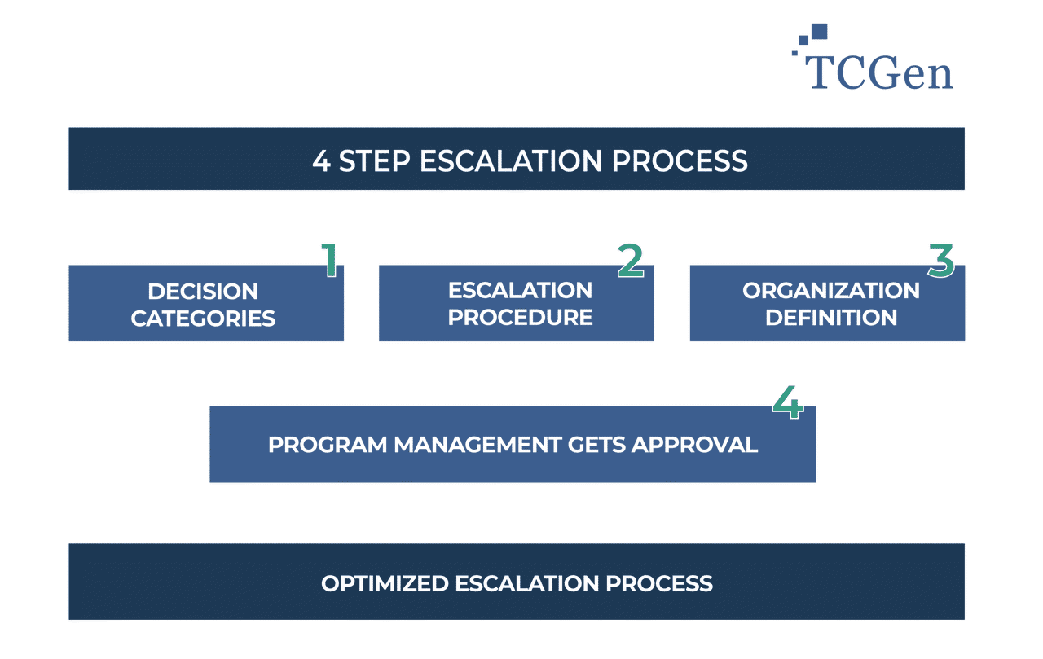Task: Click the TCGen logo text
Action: tap(880, 72)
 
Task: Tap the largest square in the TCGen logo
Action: tap(819, 31)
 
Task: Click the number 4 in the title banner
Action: tap(321, 160)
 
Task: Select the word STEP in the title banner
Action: tap(375, 160)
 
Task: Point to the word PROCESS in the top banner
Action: tap(680, 160)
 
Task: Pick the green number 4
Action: tap(788, 402)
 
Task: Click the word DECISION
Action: tap(203, 292)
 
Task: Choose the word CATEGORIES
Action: tap(203, 318)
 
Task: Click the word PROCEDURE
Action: tap(520, 317)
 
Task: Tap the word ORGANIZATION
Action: tap(830, 291)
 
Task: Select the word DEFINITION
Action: tap(830, 317)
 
